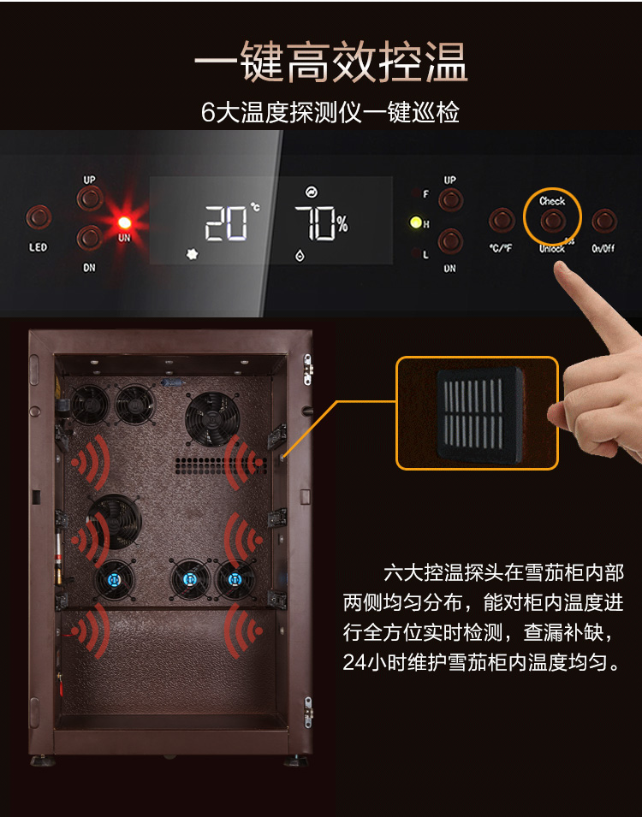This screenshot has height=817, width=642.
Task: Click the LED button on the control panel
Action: click(x=39, y=216)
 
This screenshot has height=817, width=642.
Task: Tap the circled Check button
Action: click(x=552, y=221)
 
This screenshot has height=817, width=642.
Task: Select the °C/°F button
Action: click(x=502, y=221)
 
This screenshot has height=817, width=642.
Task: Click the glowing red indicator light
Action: click(x=125, y=223)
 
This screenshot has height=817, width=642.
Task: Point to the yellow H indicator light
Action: click(x=416, y=223)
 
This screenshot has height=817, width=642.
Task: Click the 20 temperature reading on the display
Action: click(x=226, y=223)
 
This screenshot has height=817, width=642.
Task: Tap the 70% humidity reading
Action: click(x=321, y=223)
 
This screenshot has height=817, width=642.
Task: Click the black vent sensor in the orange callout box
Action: click(x=479, y=415)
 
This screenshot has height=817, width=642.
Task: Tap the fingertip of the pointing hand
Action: click(x=562, y=267)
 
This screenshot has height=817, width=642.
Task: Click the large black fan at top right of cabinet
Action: click(x=212, y=419)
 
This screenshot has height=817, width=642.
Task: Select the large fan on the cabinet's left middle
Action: click(x=115, y=522)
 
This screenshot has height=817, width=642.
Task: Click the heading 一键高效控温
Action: click(x=330, y=62)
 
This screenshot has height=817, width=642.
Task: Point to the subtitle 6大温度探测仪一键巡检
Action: click(x=330, y=112)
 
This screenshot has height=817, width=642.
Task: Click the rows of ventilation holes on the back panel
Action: click(x=220, y=465)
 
